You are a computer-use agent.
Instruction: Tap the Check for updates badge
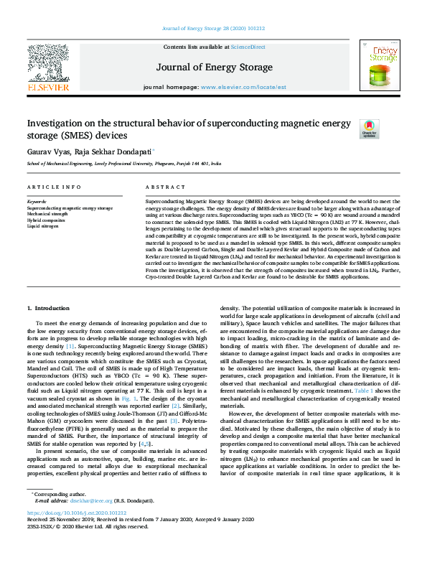click(x=369, y=129)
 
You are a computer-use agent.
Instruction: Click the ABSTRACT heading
click(x=161, y=187)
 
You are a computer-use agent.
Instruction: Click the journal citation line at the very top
click(x=213, y=28)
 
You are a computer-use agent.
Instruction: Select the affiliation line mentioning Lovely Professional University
click(x=123, y=164)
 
